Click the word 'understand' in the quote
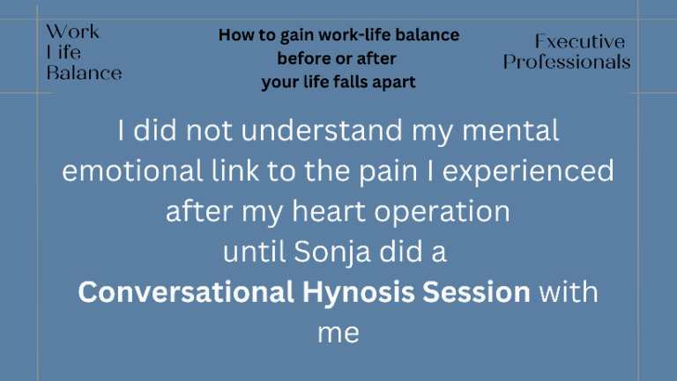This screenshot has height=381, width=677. (322, 130)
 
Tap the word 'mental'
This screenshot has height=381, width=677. (510, 130)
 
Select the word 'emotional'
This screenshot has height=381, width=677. (132, 171)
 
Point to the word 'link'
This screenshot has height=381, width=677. (234, 171)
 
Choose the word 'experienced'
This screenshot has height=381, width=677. (528, 172)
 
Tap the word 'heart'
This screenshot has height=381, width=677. (329, 211)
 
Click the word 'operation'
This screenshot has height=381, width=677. (442, 212)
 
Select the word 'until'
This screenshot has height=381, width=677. (254, 252)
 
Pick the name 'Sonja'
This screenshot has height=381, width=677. (332, 253)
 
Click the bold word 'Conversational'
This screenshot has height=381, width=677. (186, 292)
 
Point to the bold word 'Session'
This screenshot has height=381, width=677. (476, 292)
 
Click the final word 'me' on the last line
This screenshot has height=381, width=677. (338, 333)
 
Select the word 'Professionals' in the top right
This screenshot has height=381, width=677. (567, 62)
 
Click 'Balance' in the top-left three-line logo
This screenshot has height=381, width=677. (85, 73)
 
